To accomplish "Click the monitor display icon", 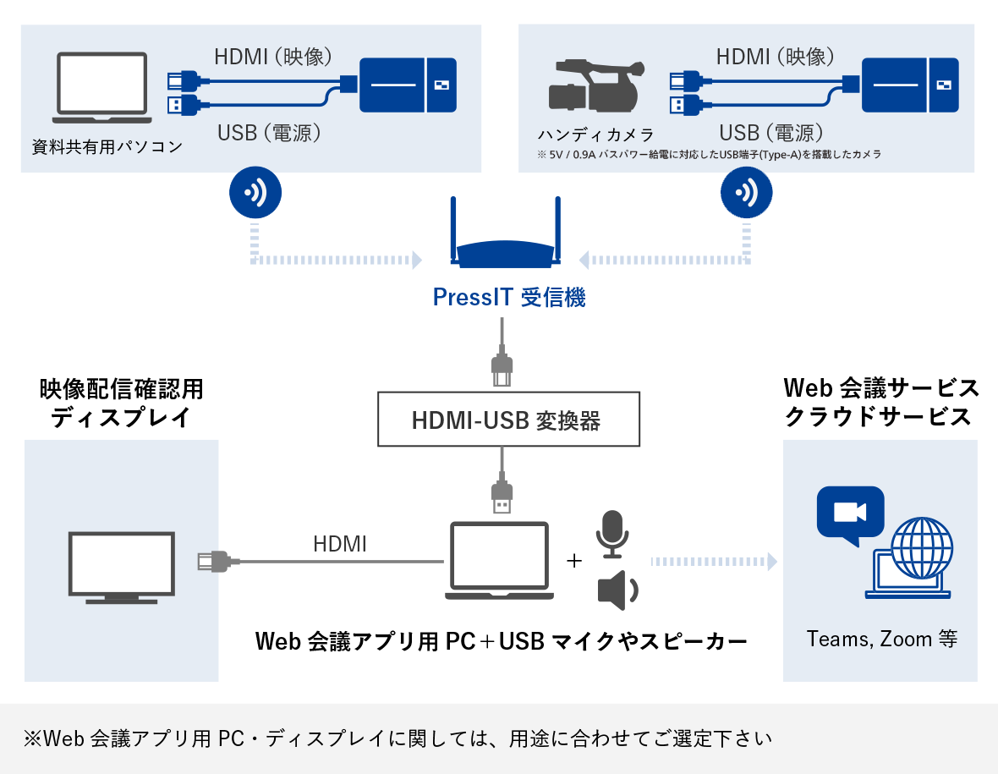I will click(122, 567).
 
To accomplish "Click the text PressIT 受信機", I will click(508, 298).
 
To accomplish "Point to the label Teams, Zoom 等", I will click(881, 639).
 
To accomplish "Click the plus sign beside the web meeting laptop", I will click(575, 561).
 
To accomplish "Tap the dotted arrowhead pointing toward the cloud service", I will click(770, 561).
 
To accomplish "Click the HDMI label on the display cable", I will click(340, 544).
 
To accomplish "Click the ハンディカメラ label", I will click(595, 134).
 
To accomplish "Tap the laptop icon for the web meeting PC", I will click(499, 561).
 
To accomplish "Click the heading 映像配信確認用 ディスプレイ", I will click(121, 403).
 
